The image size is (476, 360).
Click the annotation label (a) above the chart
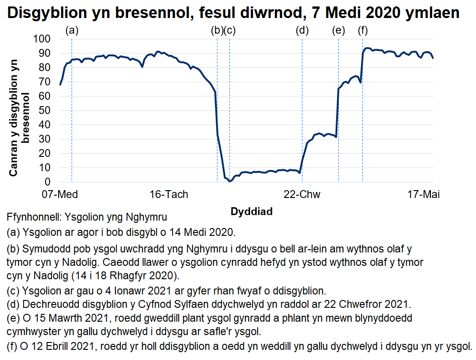72,30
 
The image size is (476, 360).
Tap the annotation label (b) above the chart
217,30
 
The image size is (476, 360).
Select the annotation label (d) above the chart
302,30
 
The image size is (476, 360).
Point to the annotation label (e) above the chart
338,30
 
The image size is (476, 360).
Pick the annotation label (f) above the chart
362,30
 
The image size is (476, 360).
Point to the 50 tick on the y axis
46,111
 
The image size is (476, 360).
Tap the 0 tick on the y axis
49,182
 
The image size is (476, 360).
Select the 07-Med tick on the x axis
60,194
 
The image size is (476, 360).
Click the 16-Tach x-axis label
169,194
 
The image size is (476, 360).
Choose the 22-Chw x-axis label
301,194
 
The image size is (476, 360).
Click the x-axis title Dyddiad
252,211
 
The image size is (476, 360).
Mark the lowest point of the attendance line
229,181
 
